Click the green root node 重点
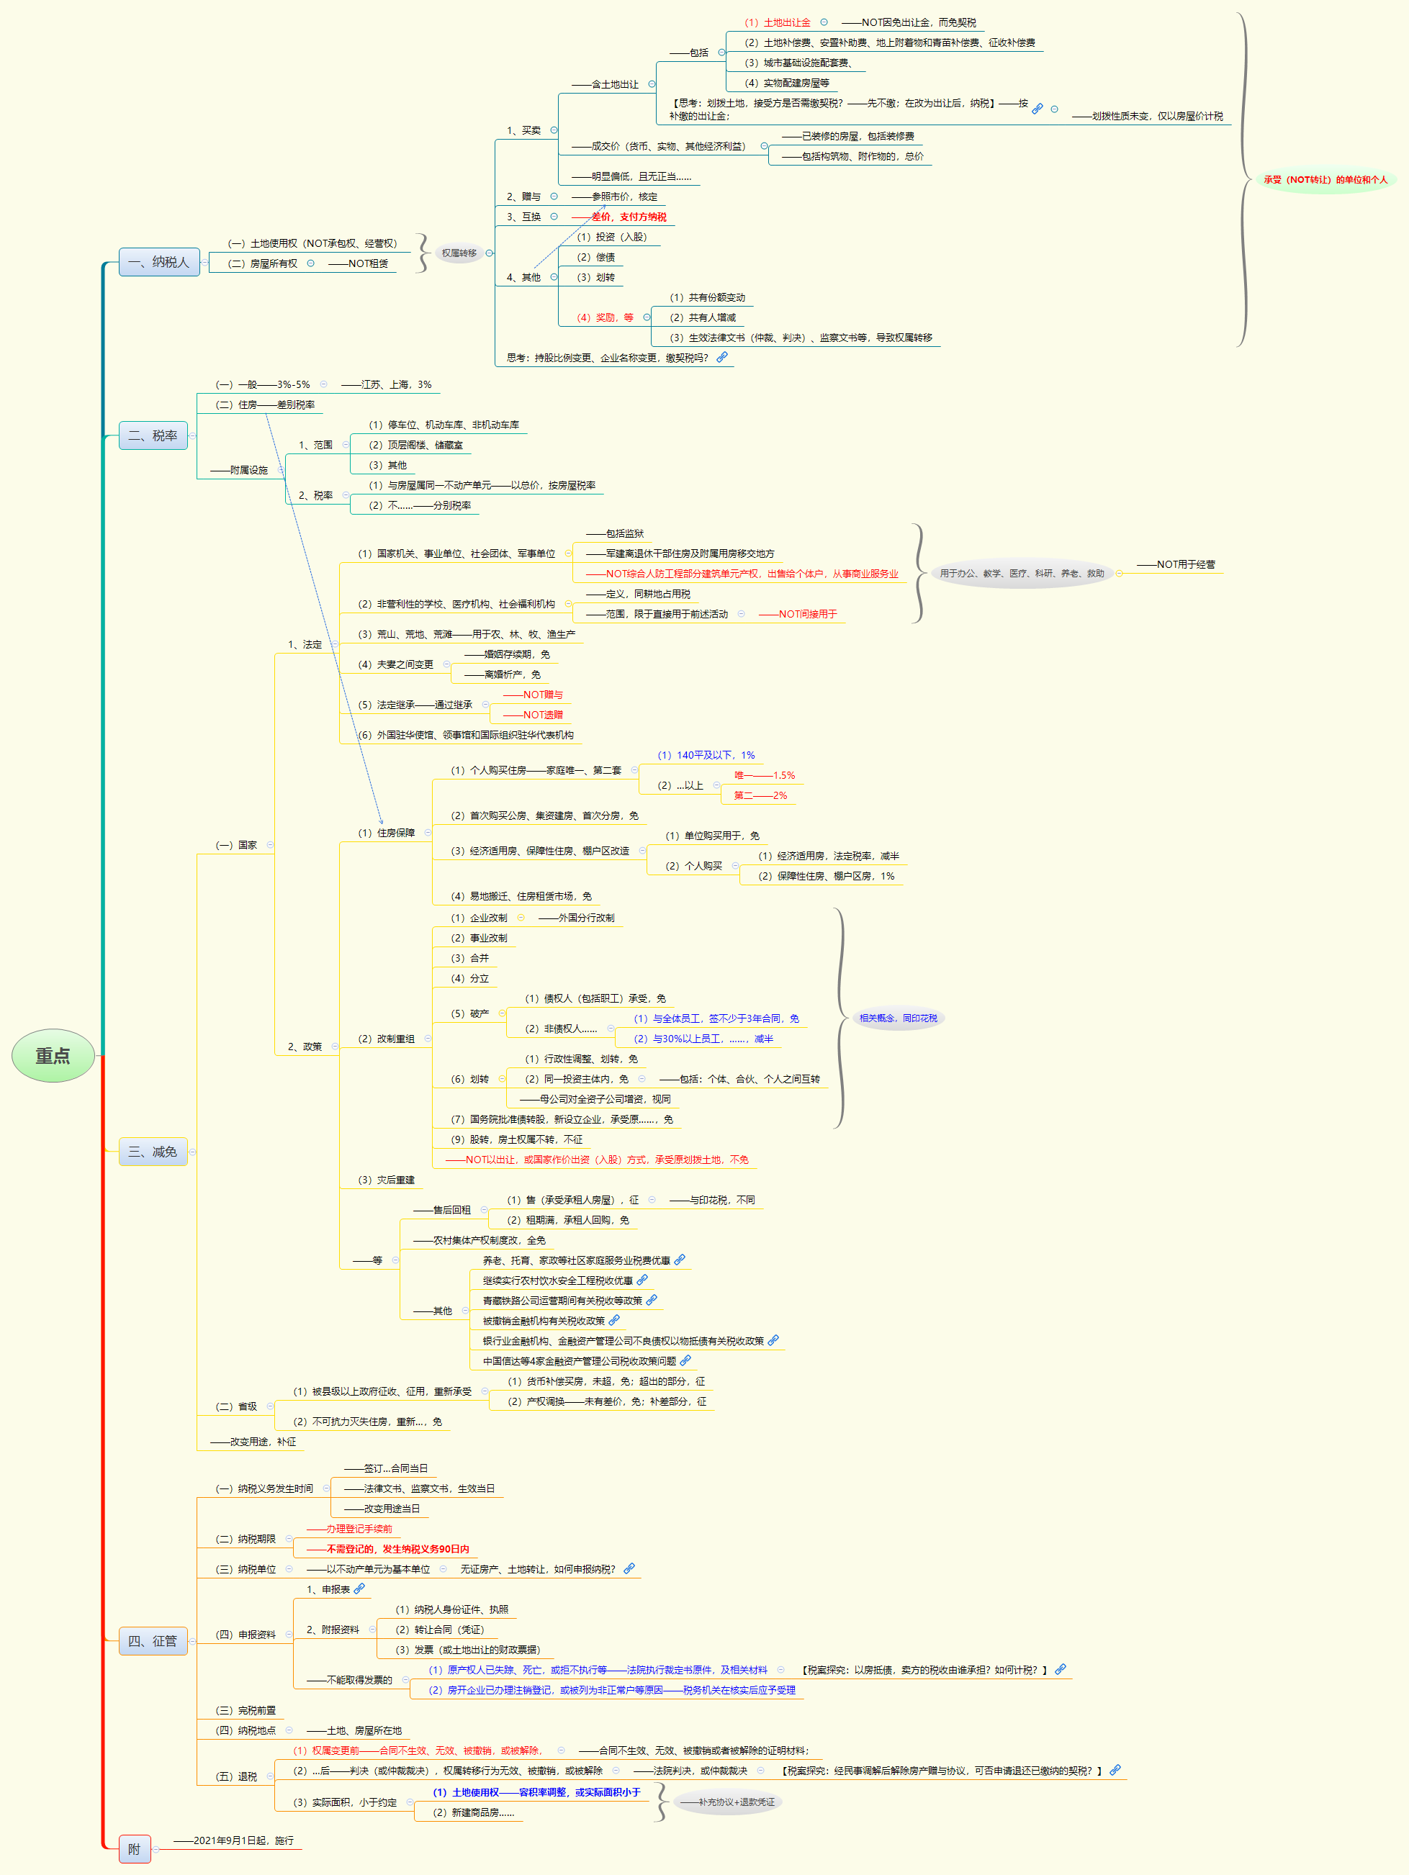pyautogui.click(x=53, y=1055)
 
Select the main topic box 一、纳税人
pyautogui.click(x=158, y=262)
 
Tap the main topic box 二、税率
pyautogui.click(x=153, y=435)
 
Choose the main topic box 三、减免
pyautogui.click(x=153, y=1151)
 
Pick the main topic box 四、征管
pyautogui.click(x=153, y=1641)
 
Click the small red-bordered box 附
pyautogui.click(x=134, y=1848)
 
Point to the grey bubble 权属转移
pyautogui.click(x=459, y=253)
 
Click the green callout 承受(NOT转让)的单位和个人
pyautogui.click(x=1325, y=180)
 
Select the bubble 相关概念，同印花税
pyautogui.click(x=898, y=1018)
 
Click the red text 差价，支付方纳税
pyautogui.click(x=629, y=217)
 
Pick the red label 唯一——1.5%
pyautogui.click(x=765, y=776)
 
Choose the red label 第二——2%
pyautogui.click(x=760, y=795)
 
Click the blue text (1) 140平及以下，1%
pyautogui.click(x=706, y=755)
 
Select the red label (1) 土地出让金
pyautogui.click(x=778, y=23)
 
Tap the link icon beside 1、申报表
pyautogui.click(x=359, y=1589)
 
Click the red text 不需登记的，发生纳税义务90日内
pyautogui.click(x=397, y=1549)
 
